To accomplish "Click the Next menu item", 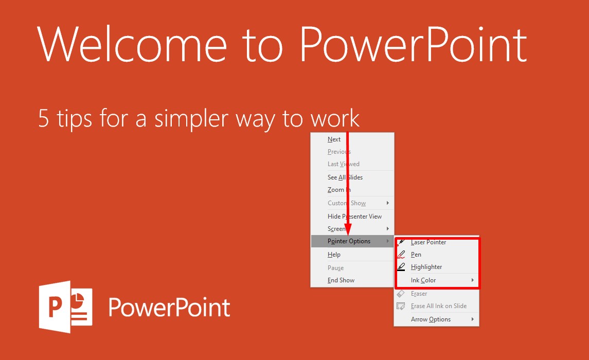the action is click(x=334, y=139).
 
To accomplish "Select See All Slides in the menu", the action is click(x=345, y=177).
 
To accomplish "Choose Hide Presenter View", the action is click(x=354, y=216).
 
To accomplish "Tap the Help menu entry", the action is click(x=333, y=255).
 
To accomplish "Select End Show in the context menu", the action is click(x=341, y=280).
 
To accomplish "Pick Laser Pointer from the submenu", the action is click(x=428, y=242).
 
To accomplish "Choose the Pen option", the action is click(x=416, y=255).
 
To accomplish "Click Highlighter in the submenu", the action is click(x=426, y=267).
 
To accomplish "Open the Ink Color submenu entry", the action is click(x=423, y=280).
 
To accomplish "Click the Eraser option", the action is click(x=419, y=294).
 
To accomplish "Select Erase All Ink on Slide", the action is click(x=439, y=306).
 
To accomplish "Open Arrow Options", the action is click(x=431, y=319).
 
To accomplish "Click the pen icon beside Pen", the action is click(x=401, y=255).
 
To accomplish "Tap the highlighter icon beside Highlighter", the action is click(x=401, y=267).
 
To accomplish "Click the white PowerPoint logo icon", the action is click(x=66, y=307).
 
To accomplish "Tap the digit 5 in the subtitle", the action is click(x=44, y=118).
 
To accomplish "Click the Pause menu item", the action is click(x=335, y=267).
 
